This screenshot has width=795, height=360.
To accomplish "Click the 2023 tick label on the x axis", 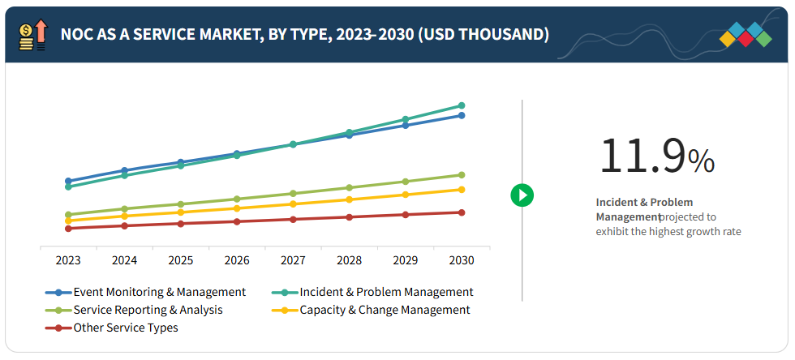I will (67, 261).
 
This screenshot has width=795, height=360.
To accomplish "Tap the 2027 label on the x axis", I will (293, 261).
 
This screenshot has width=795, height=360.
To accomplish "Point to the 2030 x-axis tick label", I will (462, 261).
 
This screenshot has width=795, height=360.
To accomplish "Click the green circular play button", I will (522, 195).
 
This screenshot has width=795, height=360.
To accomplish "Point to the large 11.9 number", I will (642, 156).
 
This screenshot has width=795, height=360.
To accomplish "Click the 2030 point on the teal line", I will (462, 105).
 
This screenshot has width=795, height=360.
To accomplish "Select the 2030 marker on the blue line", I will (462, 115).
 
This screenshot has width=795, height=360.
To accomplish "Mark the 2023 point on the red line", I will (68, 228).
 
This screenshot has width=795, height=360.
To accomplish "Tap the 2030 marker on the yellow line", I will (462, 190).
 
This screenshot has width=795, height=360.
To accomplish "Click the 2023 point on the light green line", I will (68, 214).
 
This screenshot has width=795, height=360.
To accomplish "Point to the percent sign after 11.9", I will (701, 161).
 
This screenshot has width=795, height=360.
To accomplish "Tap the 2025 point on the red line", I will (180, 223).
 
